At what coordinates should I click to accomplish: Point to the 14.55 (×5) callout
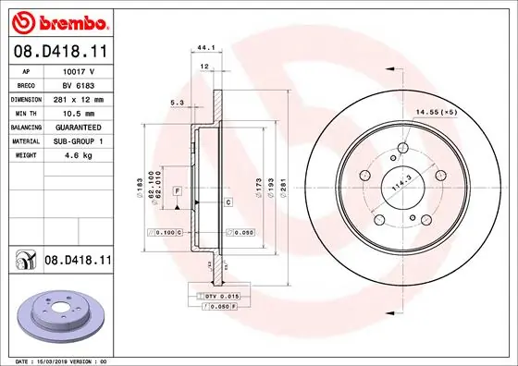click(437, 112)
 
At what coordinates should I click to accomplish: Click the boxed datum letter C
click(228, 201)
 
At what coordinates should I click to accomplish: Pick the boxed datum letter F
click(176, 189)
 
